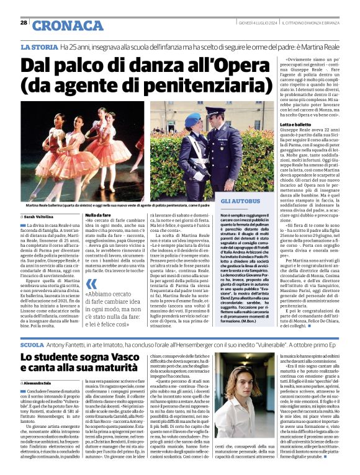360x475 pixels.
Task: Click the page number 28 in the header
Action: point(24,22)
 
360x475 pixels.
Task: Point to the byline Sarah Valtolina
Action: point(43,216)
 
